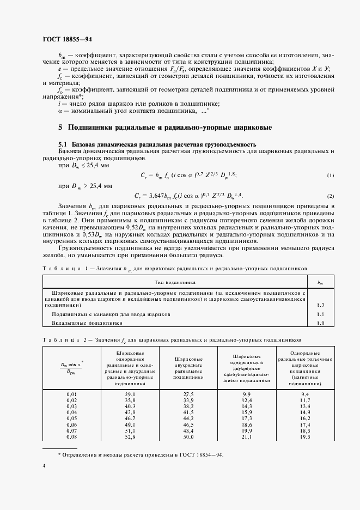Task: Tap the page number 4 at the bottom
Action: [x=43, y=466]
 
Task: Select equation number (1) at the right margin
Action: [x=330, y=175]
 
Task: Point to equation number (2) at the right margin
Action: [x=330, y=196]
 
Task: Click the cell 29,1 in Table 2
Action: [x=130, y=393]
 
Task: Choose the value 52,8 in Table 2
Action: [x=130, y=436]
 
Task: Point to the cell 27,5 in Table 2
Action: [x=188, y=393]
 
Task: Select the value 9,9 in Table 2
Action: [x=246, y=393]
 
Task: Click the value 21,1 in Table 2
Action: [x=246, y=436]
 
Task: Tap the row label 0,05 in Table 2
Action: [x=71, y=418]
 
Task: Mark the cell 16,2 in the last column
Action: [x=305, y=418]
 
